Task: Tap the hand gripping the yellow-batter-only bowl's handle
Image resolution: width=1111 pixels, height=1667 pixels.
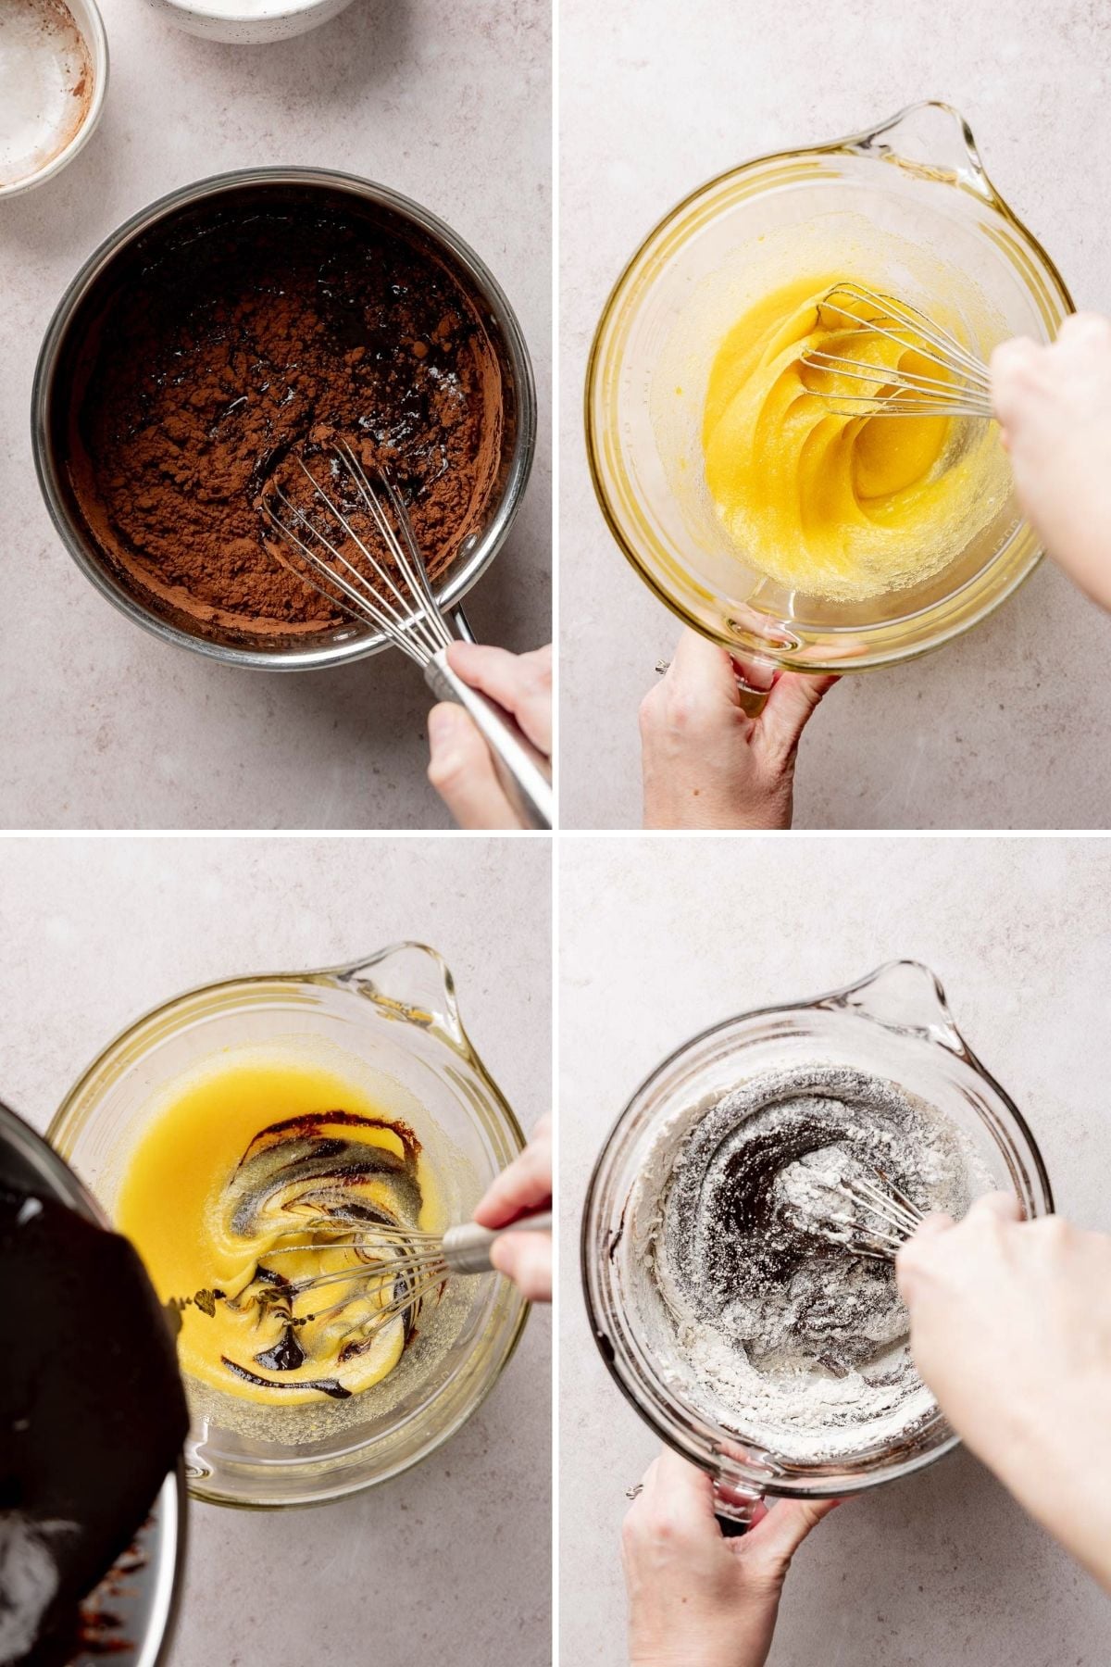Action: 722,722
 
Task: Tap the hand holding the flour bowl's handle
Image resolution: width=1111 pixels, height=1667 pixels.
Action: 704,1565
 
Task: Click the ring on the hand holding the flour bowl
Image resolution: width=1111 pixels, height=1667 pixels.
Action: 635,1491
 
